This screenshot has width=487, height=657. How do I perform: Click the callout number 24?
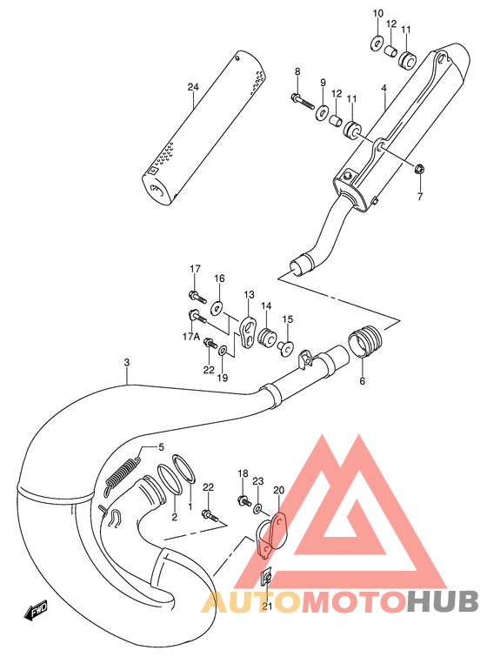coord(193,86)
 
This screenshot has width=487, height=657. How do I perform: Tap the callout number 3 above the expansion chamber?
coord(127,363)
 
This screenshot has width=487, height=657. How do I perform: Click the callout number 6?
coord(363,380)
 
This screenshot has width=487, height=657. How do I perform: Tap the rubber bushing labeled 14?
coord(267,335)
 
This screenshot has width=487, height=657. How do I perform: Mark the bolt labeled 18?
coord(243,502)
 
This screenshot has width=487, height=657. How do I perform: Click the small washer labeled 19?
coord(223,350)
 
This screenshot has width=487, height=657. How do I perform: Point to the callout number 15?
coord(287,319)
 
